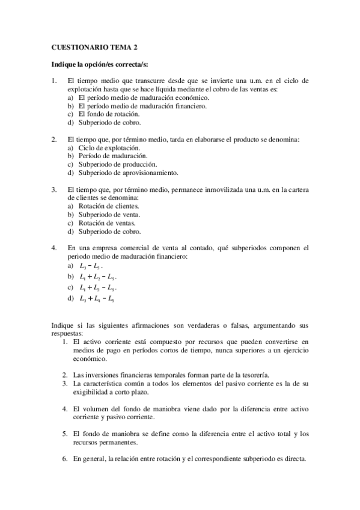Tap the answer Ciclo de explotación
click(x=109, y=148)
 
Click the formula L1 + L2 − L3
click(x=97, y=277)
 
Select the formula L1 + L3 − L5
click(x=97, y=287)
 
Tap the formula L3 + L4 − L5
click(x=97, y=298)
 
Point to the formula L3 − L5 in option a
click(x=91, y=265)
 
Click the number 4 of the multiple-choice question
click(x=54, y=248)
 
